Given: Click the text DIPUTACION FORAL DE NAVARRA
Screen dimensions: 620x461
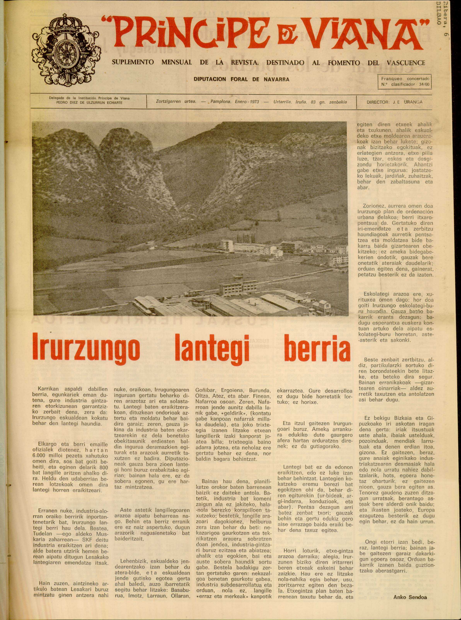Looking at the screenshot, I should click(241, 79).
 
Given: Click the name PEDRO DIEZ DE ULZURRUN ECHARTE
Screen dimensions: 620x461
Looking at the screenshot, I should click(89, 103).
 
